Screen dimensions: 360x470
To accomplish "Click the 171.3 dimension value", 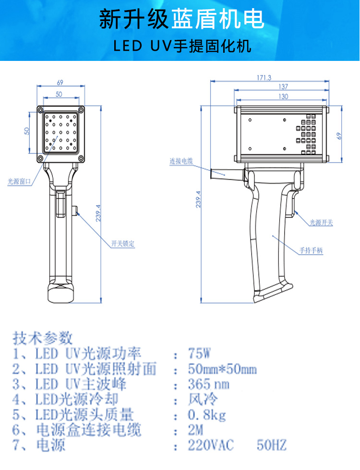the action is [x=264, y=78].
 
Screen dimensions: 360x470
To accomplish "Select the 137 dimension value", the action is [x=283, y=87].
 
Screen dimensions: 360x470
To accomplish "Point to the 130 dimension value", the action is [x=283, y=96].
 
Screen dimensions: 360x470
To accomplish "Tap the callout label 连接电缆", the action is [x=181, y=161].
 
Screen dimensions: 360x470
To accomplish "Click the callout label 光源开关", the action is [x=321, y=223].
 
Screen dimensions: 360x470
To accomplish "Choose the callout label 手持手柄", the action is [x=311, y=250].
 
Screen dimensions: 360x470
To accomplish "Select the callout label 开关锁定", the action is [x=123, y=244].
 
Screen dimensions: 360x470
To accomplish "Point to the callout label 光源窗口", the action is [x=19, y=181].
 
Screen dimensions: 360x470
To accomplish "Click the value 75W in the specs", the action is [x=200, y=353].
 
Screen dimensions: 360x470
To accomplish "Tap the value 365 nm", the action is [x=209, y=384].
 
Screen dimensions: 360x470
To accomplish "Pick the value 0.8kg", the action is [x=207, y=415].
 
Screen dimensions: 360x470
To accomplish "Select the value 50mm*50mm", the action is [x=222, y=369].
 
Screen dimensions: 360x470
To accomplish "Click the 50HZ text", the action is [x=272, y=445].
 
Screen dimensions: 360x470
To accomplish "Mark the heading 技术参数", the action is [x=43, y=338].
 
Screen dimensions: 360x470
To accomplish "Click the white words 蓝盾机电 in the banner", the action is [x=218, y=19].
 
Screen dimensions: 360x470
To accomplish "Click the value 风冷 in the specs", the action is [x=203, y=399].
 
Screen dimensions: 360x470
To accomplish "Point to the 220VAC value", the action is [x=211, y=445].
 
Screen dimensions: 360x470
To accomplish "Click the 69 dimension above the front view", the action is [x=60, y=82].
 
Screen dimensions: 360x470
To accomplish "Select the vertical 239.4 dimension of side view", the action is [x=198, y=200].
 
